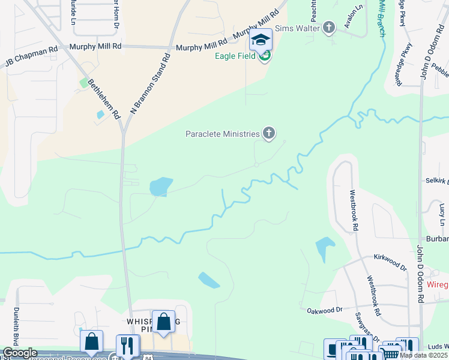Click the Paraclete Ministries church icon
(269, 134)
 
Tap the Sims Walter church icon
(329, 28)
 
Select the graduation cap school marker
(261, 40)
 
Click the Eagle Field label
(236, 56)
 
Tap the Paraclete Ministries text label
(222, 134)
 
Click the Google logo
(19, 353)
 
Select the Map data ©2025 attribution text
(424, 355)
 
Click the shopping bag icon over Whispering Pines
(163, 323)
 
